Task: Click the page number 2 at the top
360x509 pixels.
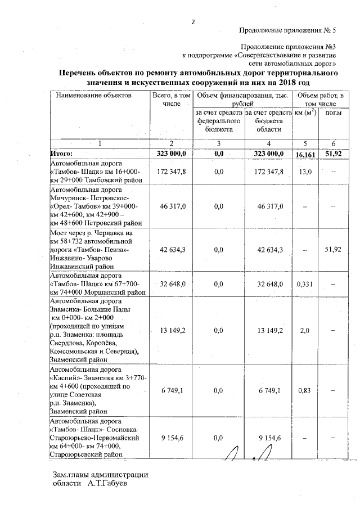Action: (x=193, y=22)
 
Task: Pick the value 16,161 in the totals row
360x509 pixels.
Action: (x=306, y=153)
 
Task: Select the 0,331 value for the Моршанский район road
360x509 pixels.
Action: (x=305, y=285)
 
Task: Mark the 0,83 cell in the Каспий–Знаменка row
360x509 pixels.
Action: (x=305, y=390)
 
